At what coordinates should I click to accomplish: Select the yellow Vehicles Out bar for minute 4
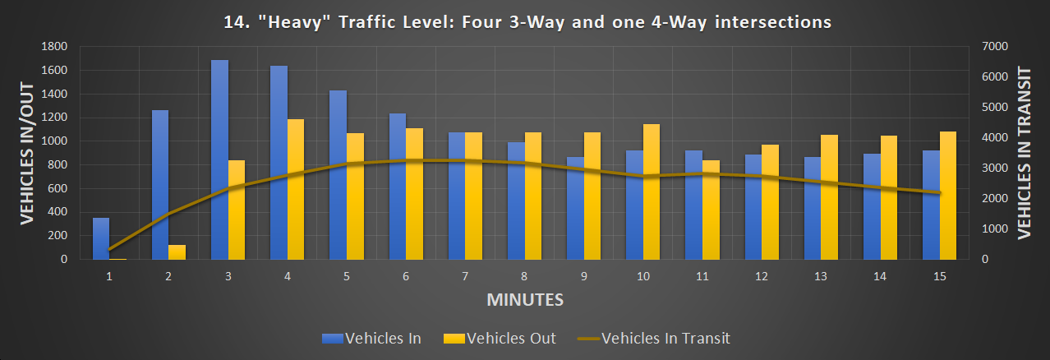click(296, 189)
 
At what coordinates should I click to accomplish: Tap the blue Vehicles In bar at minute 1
click(100, 238)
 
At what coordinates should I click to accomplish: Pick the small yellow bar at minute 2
click(177, 252)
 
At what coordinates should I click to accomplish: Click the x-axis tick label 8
click(525, 276)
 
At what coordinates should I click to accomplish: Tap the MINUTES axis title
click(525, 299)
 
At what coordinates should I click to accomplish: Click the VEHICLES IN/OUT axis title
click(26, 152)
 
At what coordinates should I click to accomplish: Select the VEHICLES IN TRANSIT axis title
click(1024, 152)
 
